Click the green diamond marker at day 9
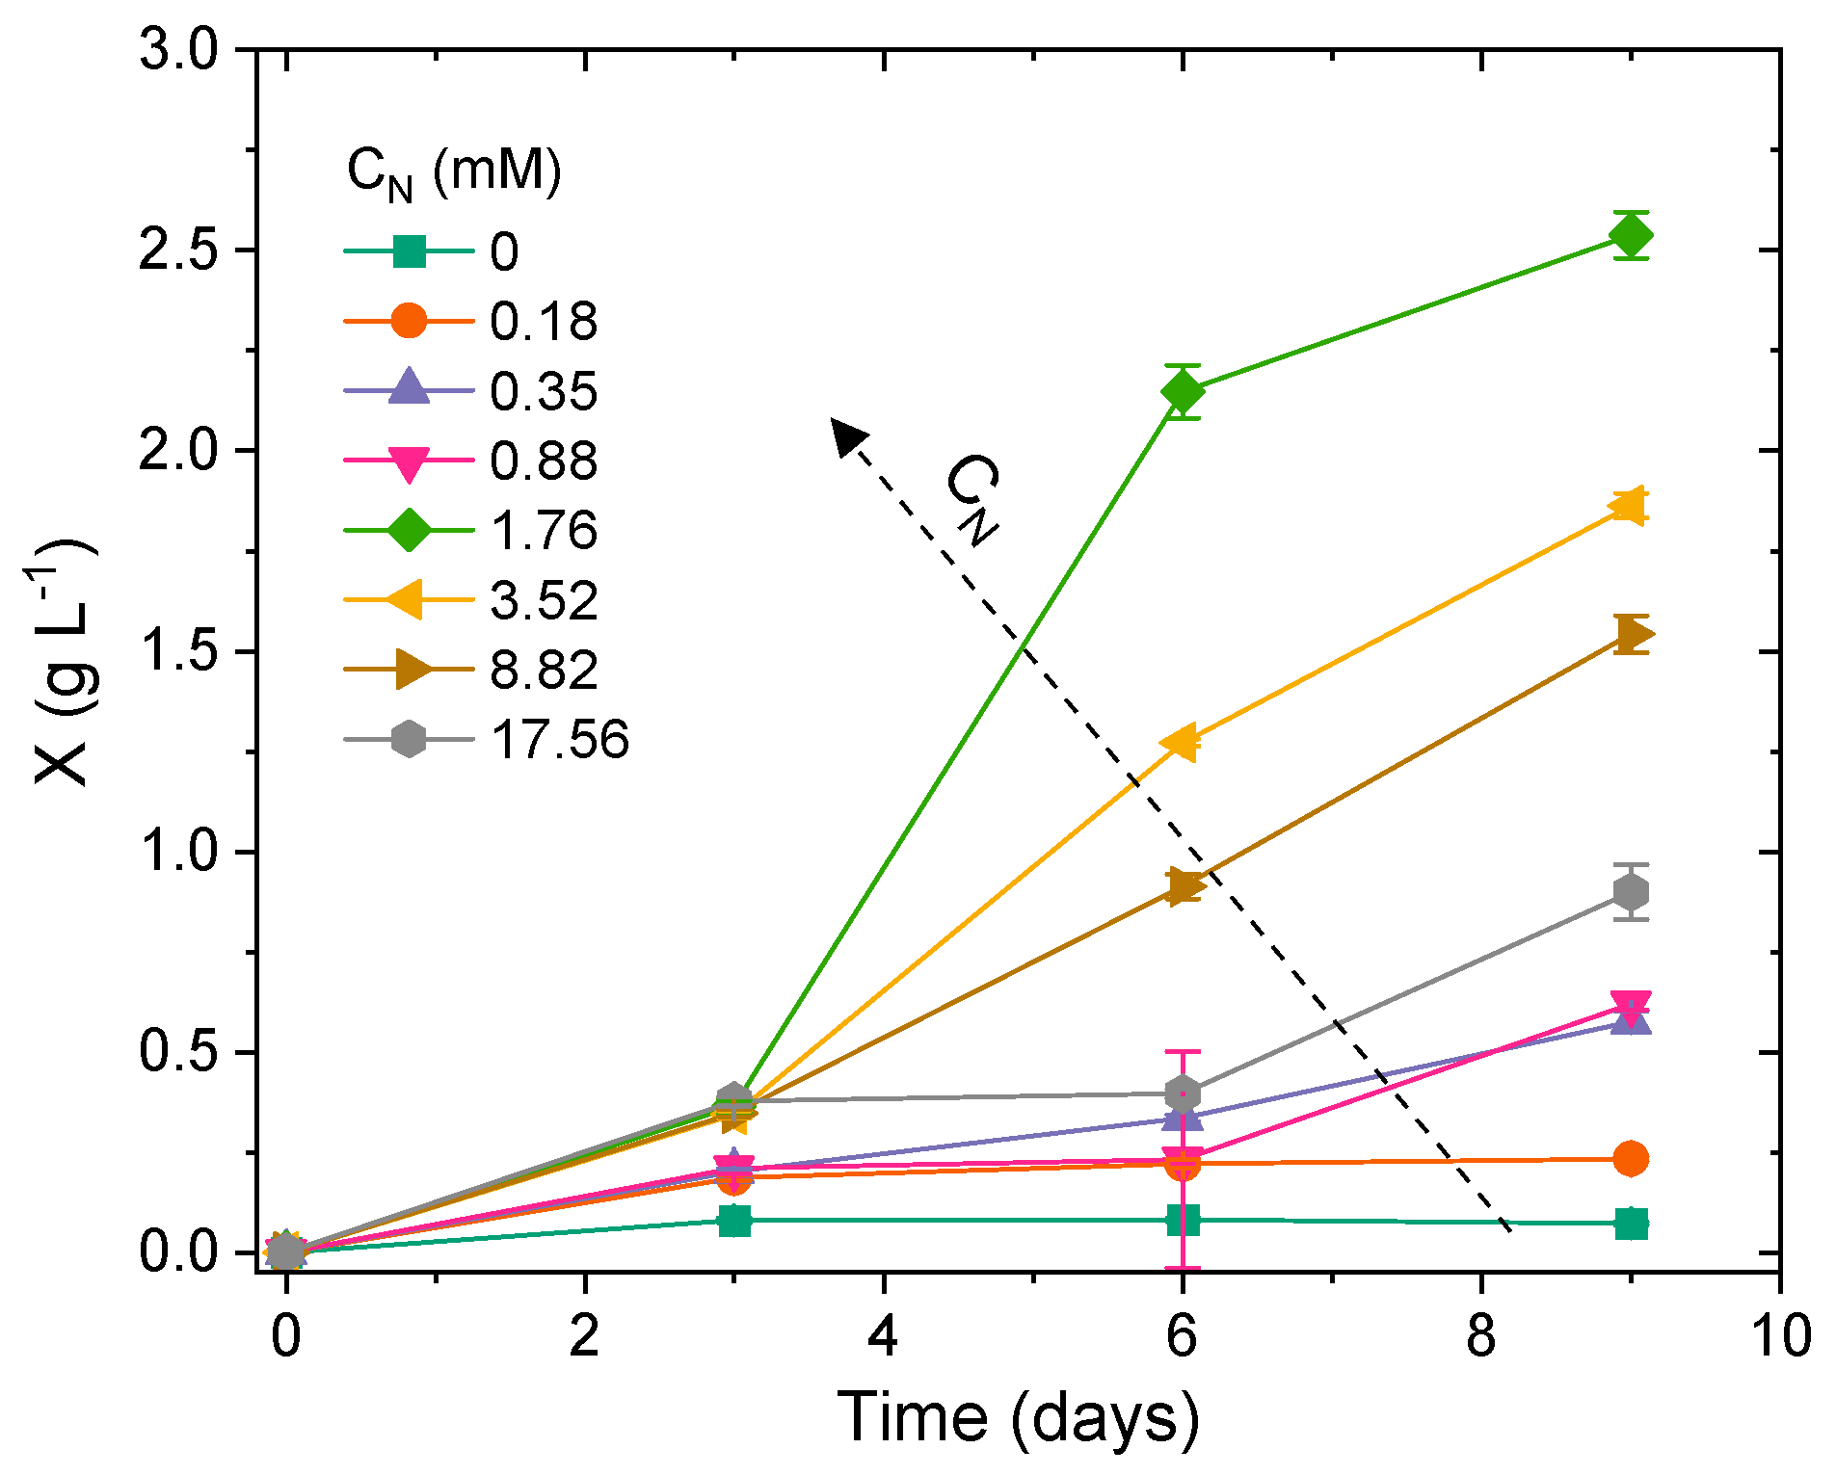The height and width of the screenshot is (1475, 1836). click(x=1632, y=235)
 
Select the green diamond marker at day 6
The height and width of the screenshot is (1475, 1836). click(x=1183, y=392)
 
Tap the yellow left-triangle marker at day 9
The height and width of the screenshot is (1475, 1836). click(x=1630, y=506)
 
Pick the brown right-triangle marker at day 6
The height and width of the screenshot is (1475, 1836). click(x=1184, y=886)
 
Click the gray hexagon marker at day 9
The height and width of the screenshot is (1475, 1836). click(x=1632, y=892)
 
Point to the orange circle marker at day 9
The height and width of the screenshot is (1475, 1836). click(x=1631, y=1158)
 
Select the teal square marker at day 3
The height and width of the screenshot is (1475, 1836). click(x=734, y=1221)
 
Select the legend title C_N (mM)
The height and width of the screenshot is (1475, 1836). click(x=453, y=173)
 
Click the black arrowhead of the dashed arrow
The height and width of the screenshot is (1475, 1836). click(x=847, y=435)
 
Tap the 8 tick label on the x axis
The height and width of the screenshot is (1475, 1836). click(x=1480, y=1336)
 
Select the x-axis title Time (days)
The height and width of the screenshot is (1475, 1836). click(x=1018, y=1416)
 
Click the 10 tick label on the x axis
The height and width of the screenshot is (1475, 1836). click(x=1779, y=1336)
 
